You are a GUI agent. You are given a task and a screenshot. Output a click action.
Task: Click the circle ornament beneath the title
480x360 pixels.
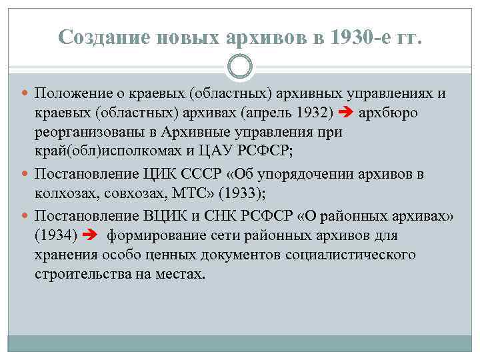(240, 66)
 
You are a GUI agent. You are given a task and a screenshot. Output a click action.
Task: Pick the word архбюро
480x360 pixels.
(389, 112)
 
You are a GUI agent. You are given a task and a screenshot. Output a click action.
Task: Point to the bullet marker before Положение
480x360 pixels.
(25, 93)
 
